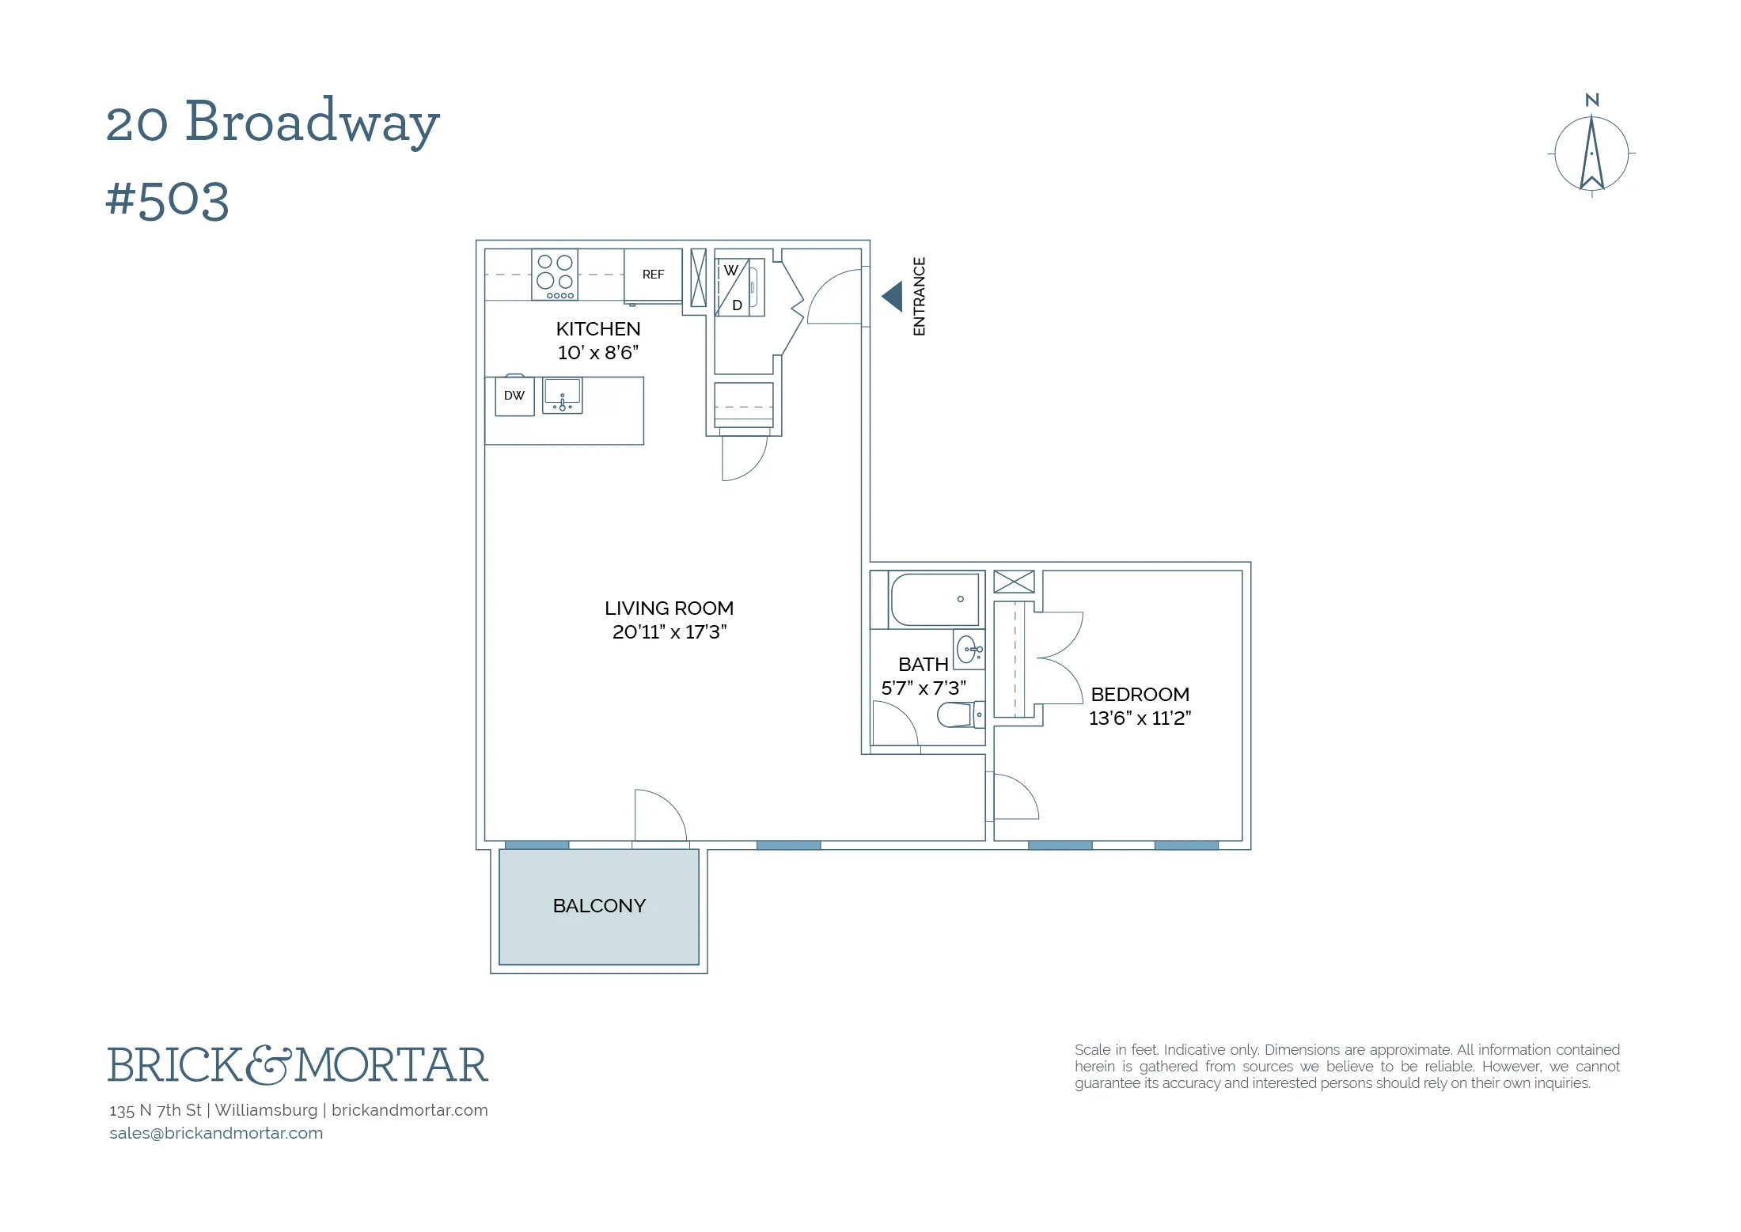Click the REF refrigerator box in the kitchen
pyautogui.click(x=653, y=275)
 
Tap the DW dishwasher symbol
pyautogui.click(x=514, y=396)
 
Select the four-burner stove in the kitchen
pyautogui.click(x=555, y=275)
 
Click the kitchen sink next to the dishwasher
pyautogui.click(x=562, y=395)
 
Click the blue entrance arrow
pyautogui.click(x=893, y=297)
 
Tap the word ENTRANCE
pyautogui.click(x=919, y=297)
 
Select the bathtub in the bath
pyautogui.click(x=934, y=600)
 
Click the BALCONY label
pyautogui.click(x=599, y=906)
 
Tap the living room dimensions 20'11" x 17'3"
pyautogui.click(x=669, y=632)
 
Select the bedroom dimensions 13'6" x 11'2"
pyautogui.click(x=1140, y=718)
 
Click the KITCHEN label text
pyautogui.click(x=598, y=329)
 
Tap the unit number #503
pyautogui.click(x=167, y=199)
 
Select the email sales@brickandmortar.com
pyautogui.click(x=216, y=1133)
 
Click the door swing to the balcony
pyautogui.click(x=659, y=815)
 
